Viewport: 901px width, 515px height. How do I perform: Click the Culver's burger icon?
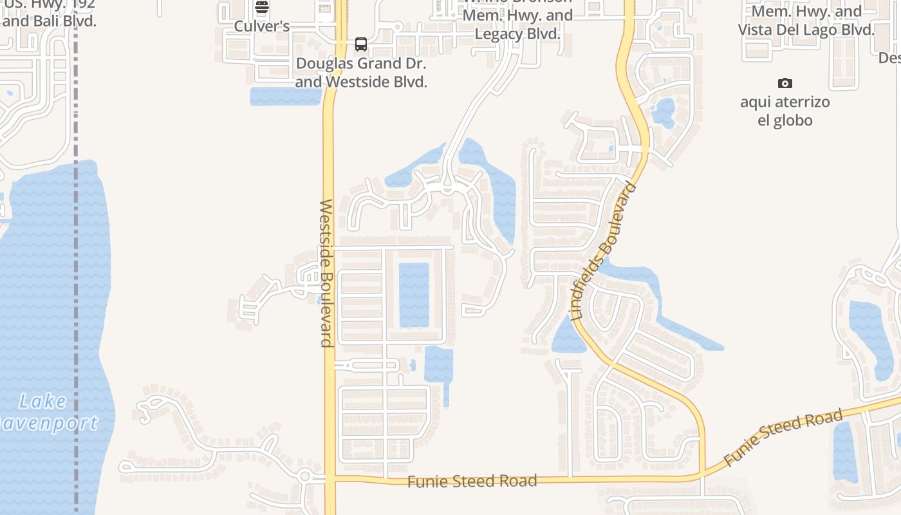tap(261, 8)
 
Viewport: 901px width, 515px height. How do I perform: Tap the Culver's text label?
tap(261, 26)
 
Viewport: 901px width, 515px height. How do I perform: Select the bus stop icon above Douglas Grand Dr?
tap(361, 44)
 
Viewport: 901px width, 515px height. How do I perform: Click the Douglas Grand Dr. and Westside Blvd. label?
tap(361, 73)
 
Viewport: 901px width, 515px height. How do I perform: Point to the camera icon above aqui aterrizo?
tap(785, 83)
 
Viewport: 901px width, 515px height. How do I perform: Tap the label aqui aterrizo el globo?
tap(785, 111)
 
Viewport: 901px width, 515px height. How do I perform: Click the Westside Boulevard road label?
tap(326, 273)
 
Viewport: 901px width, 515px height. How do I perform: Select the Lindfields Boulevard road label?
tap(604, 252)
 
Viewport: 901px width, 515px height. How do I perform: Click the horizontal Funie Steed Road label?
tap(472, 482)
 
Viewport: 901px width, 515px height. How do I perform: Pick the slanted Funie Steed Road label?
tap(774, 439)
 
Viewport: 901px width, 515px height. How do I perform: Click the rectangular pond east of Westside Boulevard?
tap(414, 294)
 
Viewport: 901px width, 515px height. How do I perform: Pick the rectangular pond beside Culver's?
tap(284, 97)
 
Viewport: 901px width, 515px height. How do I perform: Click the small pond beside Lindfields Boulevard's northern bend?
tap(663, 113)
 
